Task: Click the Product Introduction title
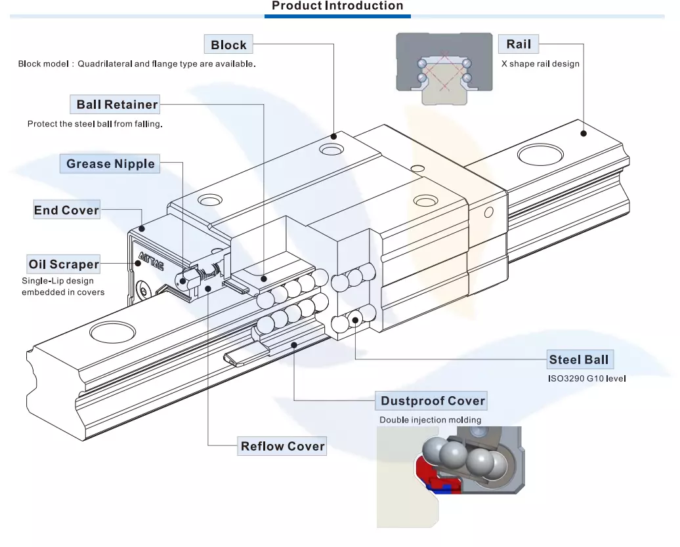(337, 7)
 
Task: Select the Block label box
(228, 45)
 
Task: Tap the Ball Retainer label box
(117, 104)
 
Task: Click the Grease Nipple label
(110, 164)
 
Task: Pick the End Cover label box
(66, 211)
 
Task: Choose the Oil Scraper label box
(64, 264)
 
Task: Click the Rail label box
(519, 45)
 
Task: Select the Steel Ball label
(579, 359)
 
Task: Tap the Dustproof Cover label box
(433, 401)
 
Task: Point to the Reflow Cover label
(282, 447)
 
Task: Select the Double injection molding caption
(430, 420)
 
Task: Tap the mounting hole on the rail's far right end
(540, 155)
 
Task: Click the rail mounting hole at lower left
(113, 331)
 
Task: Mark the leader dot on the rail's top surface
(583, 133)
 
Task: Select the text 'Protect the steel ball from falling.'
(95, 123)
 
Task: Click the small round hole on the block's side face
(488, 212)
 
